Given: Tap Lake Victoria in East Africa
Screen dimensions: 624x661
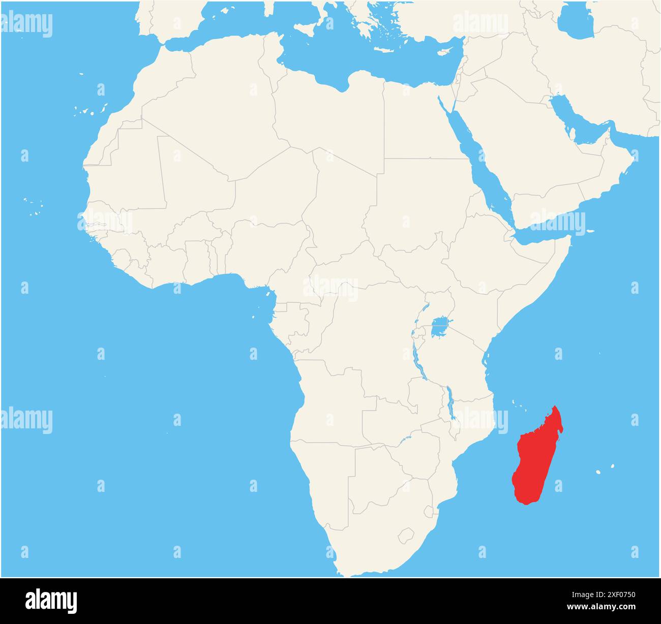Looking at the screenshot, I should click(x=440, y=327).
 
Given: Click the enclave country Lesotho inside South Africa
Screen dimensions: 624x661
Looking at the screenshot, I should click(x=406, y=536).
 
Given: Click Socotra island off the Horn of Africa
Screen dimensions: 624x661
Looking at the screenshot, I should click(x=590, y=232).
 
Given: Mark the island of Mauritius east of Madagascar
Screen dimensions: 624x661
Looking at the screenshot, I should click(x=613, y=466).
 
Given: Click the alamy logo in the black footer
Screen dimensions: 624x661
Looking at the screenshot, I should click(x=51, y=601).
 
